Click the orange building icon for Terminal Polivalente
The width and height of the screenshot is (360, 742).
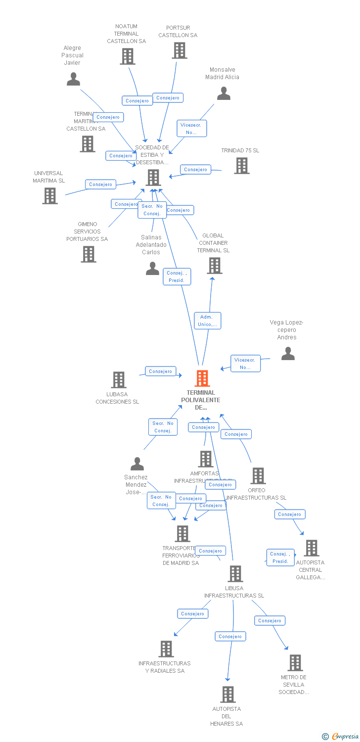[x=202, y=378]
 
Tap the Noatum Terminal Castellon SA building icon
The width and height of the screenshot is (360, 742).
[x=128, y=56]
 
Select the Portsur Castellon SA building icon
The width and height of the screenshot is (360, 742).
[x=179, y=50]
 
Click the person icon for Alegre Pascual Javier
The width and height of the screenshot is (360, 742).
[x=73, y=79]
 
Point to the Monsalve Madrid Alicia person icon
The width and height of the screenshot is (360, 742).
[x=224, y=93]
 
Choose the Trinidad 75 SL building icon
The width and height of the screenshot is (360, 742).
[x=241, y=166]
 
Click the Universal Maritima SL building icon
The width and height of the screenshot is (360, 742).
[x=50, y=196]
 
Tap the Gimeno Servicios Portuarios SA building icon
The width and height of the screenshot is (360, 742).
[x=89, y=254]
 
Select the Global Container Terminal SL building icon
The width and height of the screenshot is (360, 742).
[x=214, y=266]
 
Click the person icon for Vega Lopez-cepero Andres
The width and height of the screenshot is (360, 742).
[x=288, y=354]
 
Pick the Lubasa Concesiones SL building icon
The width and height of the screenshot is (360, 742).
[x=119, y=380]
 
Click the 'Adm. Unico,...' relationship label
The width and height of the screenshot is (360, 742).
[x=207, y=321]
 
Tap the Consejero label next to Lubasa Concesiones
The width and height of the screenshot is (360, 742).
[x=160, y=371]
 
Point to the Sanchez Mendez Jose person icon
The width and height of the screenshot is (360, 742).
[x=137, y=464]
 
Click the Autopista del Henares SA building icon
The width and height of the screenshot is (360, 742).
[x=227, y=695]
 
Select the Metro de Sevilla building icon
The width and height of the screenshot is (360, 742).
[x=295, y=663]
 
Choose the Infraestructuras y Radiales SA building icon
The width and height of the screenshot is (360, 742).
[x=166, y=649]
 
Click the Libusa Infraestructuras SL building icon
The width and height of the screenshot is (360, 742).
[x=235, y=574]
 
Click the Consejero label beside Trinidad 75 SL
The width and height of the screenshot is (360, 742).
[x=195, y=169]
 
